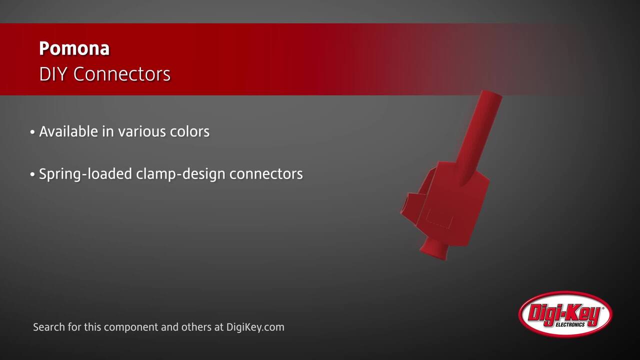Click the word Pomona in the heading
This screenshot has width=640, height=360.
coord(74,48)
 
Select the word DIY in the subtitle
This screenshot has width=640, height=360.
coord(53,74)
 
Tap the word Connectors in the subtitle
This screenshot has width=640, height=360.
coord(122,74)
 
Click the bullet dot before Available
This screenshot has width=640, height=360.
coord(32,132)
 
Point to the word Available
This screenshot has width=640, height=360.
coord(68,131)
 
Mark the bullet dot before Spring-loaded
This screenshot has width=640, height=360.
coord(32,174)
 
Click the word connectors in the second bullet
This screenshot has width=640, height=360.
coord(266,174)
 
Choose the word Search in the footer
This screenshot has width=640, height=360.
coord(49,327)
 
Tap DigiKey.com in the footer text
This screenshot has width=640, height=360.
coord(255,327)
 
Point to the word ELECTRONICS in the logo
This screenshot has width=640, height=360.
coord(570,325)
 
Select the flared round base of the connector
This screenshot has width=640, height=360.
coord(434,249)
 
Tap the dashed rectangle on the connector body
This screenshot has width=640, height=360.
coord(439,218)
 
